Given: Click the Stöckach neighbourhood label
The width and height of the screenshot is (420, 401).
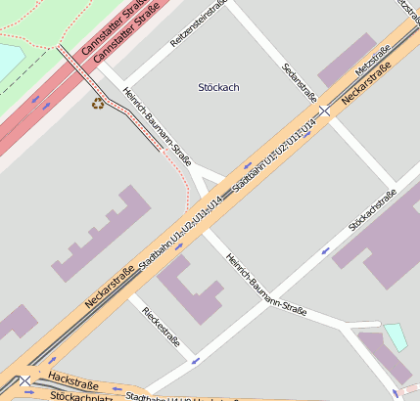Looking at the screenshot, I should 218,87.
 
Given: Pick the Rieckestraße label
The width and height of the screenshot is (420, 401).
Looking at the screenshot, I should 162,328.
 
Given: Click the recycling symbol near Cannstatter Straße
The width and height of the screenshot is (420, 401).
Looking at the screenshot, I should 97,102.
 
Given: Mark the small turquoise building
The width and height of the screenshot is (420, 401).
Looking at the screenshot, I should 397,336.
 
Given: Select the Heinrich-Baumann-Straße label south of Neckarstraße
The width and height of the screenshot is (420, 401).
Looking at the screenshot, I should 265,287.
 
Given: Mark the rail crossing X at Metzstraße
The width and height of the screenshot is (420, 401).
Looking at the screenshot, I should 324,110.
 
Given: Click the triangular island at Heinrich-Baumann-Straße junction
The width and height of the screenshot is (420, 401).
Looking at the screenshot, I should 204,180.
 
